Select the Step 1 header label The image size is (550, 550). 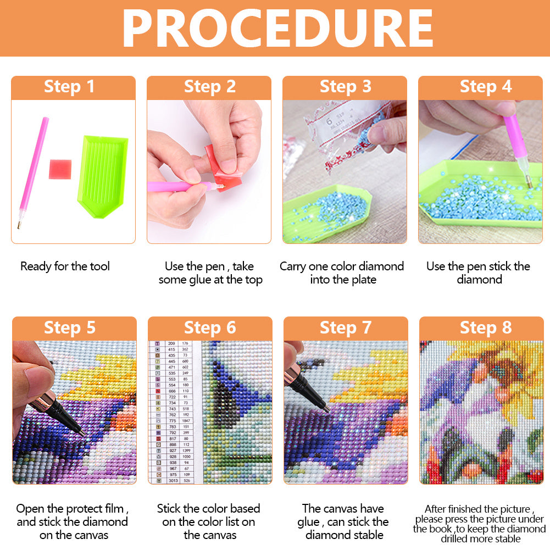pos(69,87)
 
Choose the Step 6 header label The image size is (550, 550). pos(209,328)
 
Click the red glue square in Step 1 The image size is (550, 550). pos(60,169)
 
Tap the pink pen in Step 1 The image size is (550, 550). pos(33,170)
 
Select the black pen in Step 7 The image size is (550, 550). pos(305,385)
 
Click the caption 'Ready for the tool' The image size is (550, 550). pos(65,266)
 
